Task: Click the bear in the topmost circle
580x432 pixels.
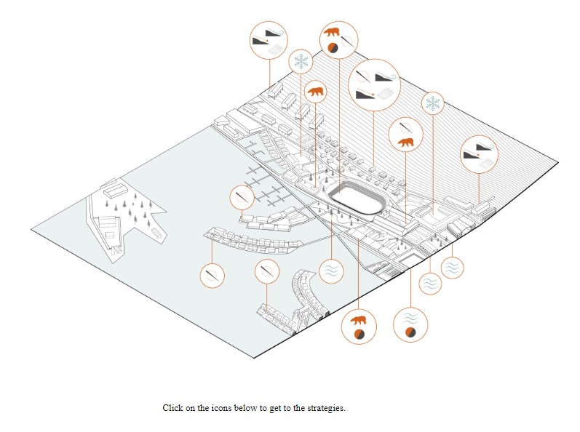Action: (x=331, y=32)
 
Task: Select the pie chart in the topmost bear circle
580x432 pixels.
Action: (x=331, y=48)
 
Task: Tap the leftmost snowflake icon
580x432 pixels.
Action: (x=300, y=62)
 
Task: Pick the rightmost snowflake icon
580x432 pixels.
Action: (x=433, y=104)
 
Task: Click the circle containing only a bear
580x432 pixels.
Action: (x=316, y=92)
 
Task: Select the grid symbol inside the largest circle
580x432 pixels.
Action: (x=385, y=94)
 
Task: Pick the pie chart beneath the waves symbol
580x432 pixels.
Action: (x=410, y=332)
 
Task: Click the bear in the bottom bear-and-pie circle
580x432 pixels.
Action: (x=357, y=320)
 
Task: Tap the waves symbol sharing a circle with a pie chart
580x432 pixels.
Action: (x=410, y=318)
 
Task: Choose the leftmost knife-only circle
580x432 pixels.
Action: (x=212, y=276)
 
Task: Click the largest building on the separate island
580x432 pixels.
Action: (x=114, y=191)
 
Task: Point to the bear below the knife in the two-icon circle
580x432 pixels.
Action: (x=405, y=142)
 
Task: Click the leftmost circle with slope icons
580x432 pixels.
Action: (x=268, y=41)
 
